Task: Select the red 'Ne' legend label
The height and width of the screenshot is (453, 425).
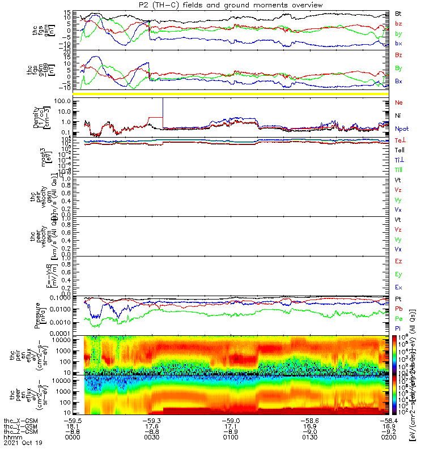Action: (x=399, y=102)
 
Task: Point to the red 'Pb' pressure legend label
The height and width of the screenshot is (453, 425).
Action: (x=399, y=308)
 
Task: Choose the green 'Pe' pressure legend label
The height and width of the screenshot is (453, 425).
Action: (x=399, y=318)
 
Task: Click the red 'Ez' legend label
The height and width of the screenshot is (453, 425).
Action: (x=399, y=262)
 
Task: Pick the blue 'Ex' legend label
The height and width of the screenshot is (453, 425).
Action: (x=399, y=287)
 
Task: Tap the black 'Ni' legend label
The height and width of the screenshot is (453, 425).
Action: (x=398, y=116)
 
